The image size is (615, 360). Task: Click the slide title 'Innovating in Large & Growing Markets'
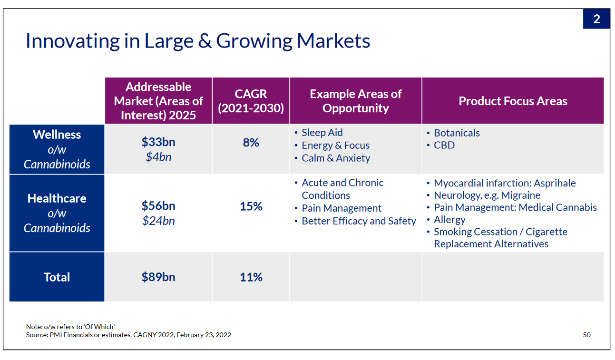[x=197, y=41]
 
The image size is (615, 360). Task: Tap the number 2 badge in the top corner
[x=596, y=19]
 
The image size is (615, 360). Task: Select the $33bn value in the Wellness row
[x=158, y=142]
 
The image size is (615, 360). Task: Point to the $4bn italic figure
[x=158, y=156]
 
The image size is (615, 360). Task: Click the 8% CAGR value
[x=251, y=143]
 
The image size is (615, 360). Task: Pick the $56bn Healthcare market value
[x=158, y=206]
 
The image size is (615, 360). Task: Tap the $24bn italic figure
[x=158, y=221]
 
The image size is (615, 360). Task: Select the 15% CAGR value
[x=251, y=206]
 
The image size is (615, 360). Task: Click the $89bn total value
[x=158, y=277]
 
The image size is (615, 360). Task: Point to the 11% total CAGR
[x=251, y=277]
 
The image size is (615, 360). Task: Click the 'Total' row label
[x=57, y=277]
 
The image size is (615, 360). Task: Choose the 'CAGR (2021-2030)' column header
[x=251, y=101]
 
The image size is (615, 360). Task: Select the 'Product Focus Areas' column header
[x=513, y=101]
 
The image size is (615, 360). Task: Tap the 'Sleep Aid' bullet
[x=322, y=133]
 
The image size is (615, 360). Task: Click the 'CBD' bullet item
[x=444, y=145]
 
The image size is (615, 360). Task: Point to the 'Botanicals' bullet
[x=457, y=133]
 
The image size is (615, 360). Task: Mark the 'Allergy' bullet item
[x=449, y=220]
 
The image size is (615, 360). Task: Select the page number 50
[x=586, y=335]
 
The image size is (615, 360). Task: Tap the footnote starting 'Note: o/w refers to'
[x=70, y=327]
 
